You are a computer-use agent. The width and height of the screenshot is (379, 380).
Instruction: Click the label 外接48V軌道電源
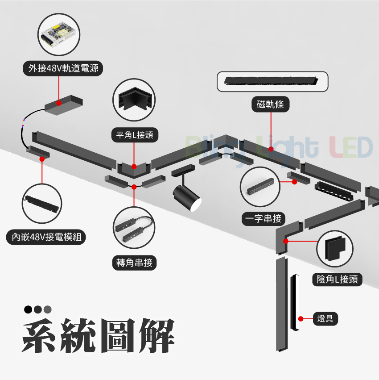coord(63,68)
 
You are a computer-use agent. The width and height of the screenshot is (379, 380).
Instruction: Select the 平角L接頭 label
coord(134,134)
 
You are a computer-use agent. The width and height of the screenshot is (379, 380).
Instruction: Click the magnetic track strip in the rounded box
coord(272,81)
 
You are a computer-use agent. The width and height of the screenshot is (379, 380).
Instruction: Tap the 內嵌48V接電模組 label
coord(46,237)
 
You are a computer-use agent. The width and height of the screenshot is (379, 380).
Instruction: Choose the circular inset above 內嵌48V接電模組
coord(42,204)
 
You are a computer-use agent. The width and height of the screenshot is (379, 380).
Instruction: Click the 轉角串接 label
coord(134,263)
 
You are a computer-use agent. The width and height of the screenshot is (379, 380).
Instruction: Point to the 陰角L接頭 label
coord(337,280)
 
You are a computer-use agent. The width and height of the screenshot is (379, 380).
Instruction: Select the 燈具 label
coord(325,319)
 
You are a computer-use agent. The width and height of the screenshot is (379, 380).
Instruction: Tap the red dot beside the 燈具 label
coord(301,319)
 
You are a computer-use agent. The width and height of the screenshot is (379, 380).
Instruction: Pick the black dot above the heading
coord(29,309)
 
